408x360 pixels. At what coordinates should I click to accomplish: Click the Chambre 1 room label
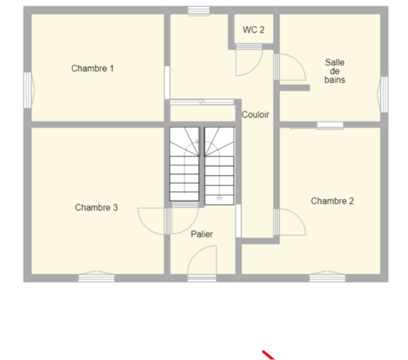pyautogui.click(x=92, y=68)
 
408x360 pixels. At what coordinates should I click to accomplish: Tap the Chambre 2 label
pyautogui.click(x=332, y=201)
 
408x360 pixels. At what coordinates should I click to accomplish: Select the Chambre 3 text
pyautogui.click(x=96, y=208)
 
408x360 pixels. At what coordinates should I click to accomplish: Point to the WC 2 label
pyautogui.click(x=254, y=30)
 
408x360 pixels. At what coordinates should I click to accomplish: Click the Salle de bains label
pyautogui.click(x=335, y=71)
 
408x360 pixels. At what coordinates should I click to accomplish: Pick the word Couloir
pyautogui.click(x=255, y=114)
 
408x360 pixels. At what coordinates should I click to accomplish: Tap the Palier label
pyautogui.click(x=202, y=234)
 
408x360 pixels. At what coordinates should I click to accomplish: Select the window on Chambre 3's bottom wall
pyautogui.click(x=96, y=277)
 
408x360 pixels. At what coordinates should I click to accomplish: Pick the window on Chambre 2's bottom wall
pyautogui.click(x=327, y=277)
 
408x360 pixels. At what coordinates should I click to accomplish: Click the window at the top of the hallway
pyautogui.click(x=199, y=11)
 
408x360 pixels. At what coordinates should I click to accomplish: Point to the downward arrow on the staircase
pyautogui.click(x=220, y=199)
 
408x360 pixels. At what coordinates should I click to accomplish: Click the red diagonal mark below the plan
pyautogui.click(x=268, y=355)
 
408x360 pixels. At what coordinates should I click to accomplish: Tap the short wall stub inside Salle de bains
pyautogui.click(x=295, y=88)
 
